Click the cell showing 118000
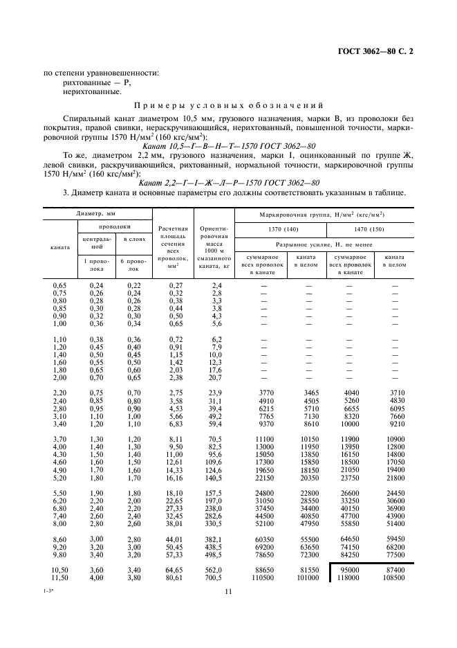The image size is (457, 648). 348,577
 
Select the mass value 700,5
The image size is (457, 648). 213,577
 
